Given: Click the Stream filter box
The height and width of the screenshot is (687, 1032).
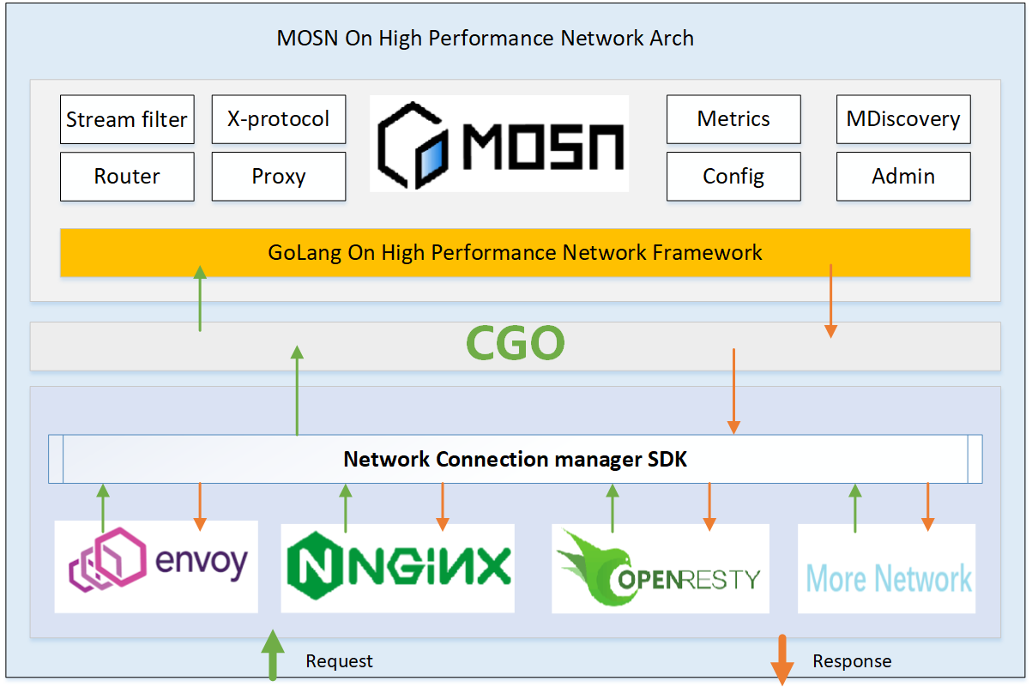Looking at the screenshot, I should tap(127, 119).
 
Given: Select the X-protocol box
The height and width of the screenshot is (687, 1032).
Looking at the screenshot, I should tap(278, 119).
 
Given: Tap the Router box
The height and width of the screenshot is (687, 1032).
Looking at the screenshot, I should tap(127, 177).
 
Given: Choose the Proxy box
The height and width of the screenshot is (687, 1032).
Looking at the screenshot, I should tap(278, 177).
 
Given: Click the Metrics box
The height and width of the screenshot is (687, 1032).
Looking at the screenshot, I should tap(733, 119).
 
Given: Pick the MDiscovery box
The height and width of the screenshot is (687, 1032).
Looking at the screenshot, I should tap(903, 119).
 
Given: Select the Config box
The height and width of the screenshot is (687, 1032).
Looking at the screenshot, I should tap(733, 177).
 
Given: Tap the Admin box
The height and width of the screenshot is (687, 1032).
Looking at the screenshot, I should tap(903, 177).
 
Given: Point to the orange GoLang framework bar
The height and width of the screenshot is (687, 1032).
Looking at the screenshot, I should tap(515, 253).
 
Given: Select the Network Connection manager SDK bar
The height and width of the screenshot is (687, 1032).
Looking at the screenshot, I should tap(515, 460).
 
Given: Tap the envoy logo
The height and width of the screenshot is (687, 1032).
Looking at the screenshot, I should tap(156, 566).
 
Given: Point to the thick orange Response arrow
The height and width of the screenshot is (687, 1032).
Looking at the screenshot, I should tap(782, 659).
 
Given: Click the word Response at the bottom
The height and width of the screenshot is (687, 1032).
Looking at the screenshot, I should tap(852, 661).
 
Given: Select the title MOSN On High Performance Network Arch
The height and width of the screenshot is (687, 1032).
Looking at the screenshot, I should tap(485, 39).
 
